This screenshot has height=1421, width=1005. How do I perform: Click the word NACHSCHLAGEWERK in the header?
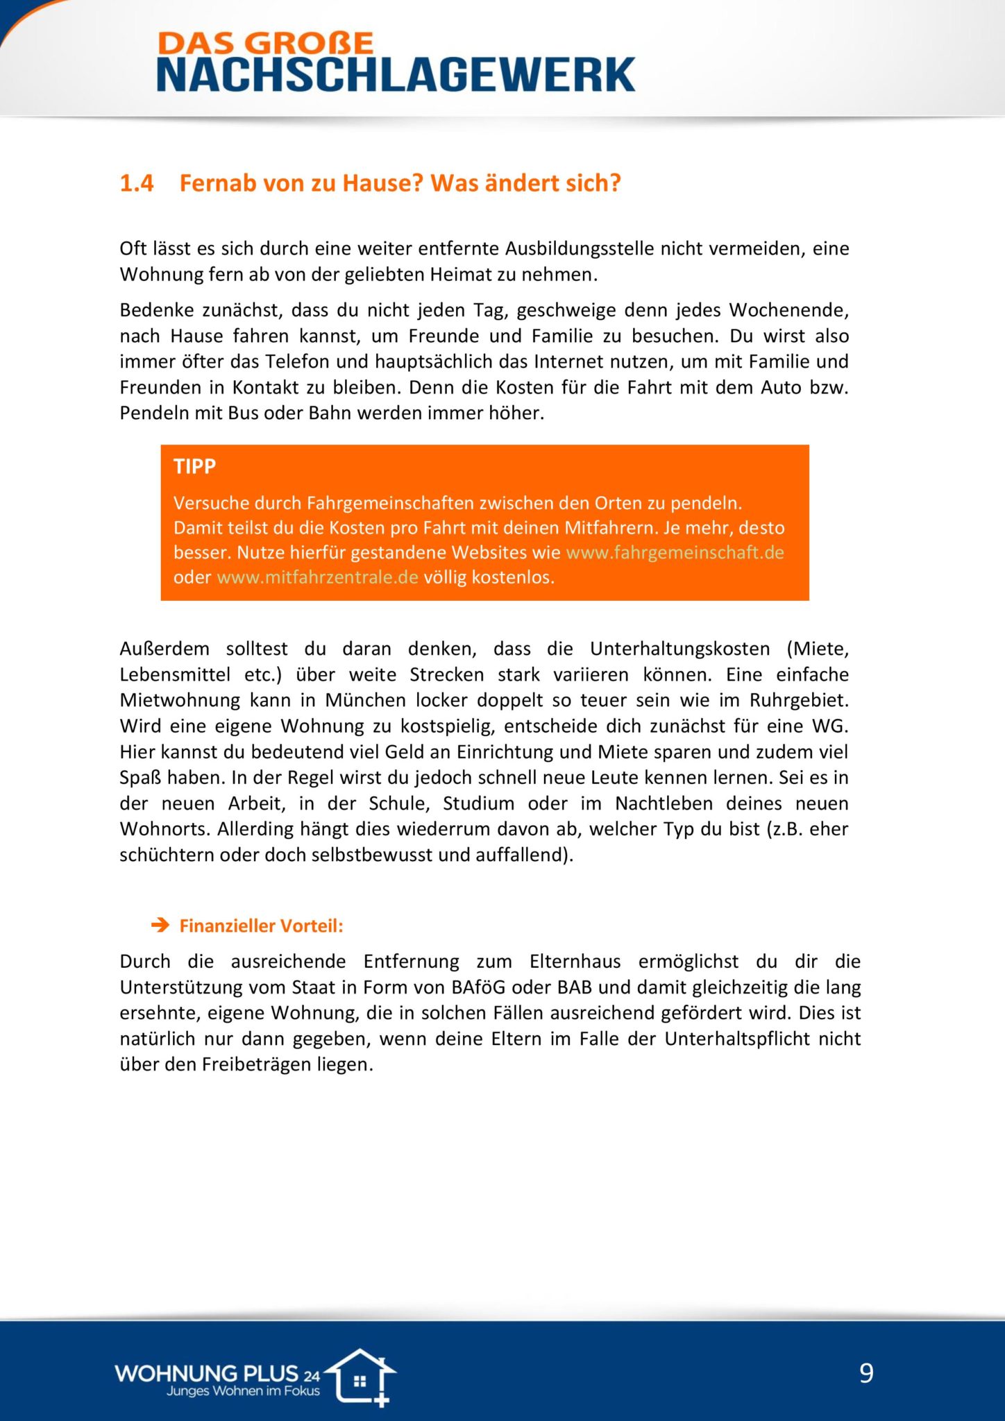(396, 75)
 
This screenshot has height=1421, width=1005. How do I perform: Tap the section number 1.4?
(136, 183)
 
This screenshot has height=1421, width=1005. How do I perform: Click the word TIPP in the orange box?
(194, 466)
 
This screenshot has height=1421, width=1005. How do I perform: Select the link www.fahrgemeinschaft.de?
(675, 553)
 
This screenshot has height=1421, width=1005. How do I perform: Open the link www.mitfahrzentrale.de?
(317, 577)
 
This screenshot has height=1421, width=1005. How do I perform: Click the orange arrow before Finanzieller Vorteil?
(160, 926)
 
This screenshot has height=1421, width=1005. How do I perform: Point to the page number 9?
(866, 1373)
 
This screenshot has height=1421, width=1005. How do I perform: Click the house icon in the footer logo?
(361, 1377)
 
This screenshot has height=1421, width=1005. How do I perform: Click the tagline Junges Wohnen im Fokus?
(243, 1390)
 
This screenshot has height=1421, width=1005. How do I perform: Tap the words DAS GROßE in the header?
(266, 44)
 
